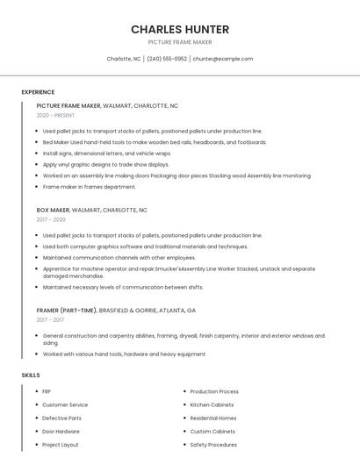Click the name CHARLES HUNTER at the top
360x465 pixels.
click(x=179, y=29)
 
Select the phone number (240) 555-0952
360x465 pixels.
click(x=166, y=59)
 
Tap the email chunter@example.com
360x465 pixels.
click(x=223, y=59)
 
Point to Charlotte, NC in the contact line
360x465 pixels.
click(x=124, y=59)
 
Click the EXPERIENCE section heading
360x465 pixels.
click(x=38, y=92)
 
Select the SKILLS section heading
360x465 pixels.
click(x=31, y=376)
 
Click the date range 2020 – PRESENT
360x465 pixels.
click(x=55, y=115)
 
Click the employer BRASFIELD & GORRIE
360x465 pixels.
click(x=131, y=310)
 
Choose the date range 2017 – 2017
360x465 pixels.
click(x=50, y=319)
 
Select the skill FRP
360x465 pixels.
click(x=47, y=391)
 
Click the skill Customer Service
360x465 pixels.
click(x=65, y=404)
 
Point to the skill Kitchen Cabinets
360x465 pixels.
click(x=212, y=404)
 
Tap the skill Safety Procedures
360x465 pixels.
click(x=213, y=445)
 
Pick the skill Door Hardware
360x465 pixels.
click(x=61, y=432)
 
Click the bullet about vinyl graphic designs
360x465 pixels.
click(x=105, y=164)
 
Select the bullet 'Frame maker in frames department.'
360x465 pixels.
click(x=90, y=186)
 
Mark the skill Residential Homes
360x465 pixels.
click(x=213, y=418)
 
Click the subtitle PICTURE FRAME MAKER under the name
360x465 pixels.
click(x=179, y=42)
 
